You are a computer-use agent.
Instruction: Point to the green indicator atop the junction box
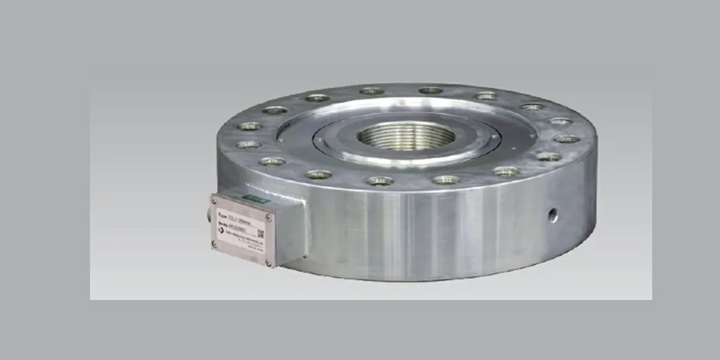pyautogui.click(x=256, y=198)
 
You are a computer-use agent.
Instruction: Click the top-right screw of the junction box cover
pyautogui.click(x=268, y=217)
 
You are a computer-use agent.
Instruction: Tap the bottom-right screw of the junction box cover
pyautogui.click(x=268, y=262)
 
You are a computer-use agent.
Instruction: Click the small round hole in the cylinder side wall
pyautogui.click(x=553, y=213)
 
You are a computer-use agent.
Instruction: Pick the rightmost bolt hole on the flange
pyautogui.click(x=566, y=139)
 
